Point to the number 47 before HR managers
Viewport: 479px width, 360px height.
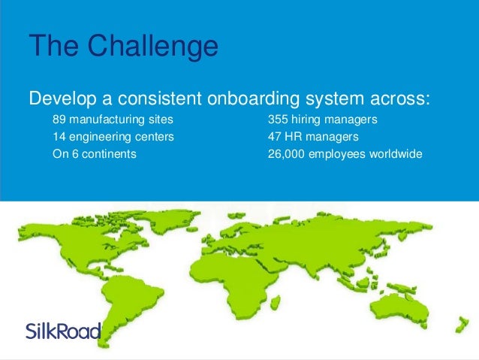pos(276,138)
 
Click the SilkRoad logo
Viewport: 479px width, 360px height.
pos(62,331)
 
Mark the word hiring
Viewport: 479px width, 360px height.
pos(315,120)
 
